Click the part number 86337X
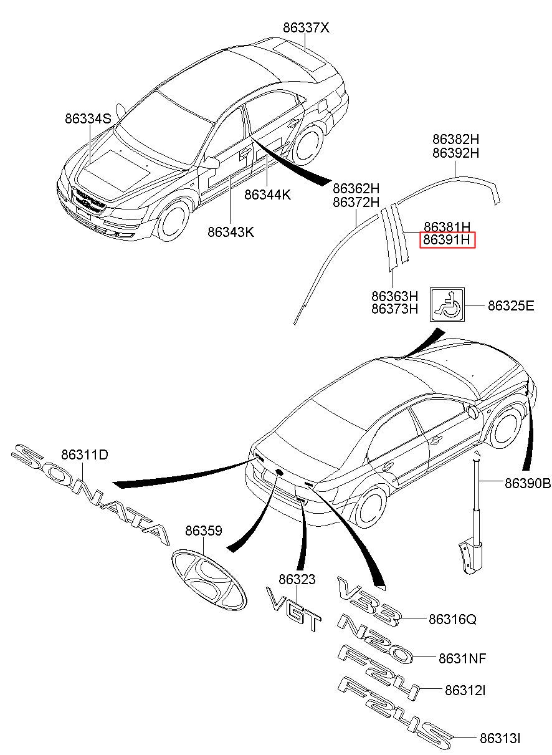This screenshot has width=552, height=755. (x=306, y=27)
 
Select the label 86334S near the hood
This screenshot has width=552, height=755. (x=88, y=118)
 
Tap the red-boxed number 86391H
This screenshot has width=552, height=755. (x=447, y=240)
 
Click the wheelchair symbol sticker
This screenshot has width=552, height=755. (x=447, y=304)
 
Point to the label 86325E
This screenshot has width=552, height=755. (x=511, y=305)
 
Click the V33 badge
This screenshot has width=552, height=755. (x=369, y=602)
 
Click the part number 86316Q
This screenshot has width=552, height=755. (x=452, y=619)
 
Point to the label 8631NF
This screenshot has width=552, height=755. (x=462, y=657)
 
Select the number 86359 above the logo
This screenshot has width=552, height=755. (x=204, y=531)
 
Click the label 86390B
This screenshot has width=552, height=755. (x=528, y=484)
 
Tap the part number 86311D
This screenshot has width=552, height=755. (x=85, y=454)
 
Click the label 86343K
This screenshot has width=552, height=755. (x=231, y=232)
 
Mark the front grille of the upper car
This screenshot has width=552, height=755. (x=88, y=201)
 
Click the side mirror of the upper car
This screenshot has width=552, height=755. (x=211, y=163)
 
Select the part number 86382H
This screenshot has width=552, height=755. (x=455, y=139)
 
